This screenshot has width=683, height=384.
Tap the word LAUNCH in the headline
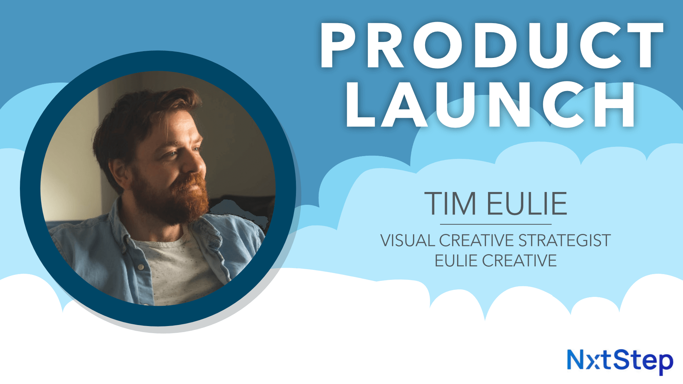[491, 105]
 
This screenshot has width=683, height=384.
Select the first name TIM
[450, 203]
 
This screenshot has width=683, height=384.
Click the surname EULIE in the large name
[527, 203]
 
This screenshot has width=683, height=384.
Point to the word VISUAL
[408, 241]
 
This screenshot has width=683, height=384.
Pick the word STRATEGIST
[565, 241]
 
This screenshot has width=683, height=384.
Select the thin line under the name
[496, 224]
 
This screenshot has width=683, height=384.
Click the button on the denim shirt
[141, 267]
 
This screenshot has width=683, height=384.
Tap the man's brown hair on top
[142, 107]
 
